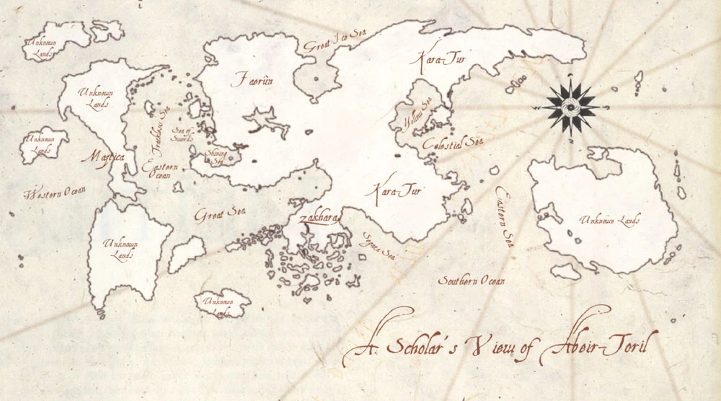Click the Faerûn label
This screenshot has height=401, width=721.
[252, 81]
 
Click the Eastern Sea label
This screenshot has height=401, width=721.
[503, 217]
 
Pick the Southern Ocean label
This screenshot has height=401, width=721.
[472, 281]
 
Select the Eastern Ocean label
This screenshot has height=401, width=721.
[156, 172]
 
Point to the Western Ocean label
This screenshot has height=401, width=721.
[56, 193]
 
